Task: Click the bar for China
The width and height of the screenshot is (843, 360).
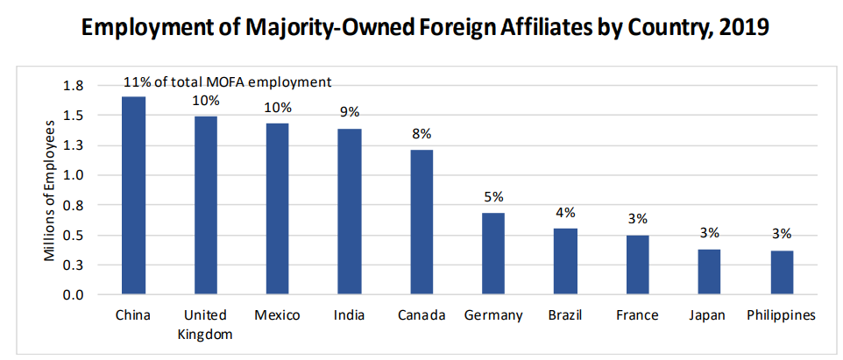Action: click(x=133, y=195)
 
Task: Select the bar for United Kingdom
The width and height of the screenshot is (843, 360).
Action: click(x=205, y=205)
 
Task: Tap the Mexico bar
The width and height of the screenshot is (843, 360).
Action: click(x=277, y=208)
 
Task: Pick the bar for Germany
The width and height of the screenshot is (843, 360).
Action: click(x=493, y=253)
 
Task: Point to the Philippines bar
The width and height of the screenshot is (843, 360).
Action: click(x=782, y=272)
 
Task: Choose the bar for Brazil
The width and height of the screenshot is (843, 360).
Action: click(x=565, y=261)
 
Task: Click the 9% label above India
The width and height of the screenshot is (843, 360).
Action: click(x=350, y=112)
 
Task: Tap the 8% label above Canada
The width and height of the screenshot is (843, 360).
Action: click(x=421, y=133)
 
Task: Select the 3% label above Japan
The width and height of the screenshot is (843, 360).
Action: click(x=709, y=233)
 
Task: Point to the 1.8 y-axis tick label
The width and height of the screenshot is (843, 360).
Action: click(x=74, y=86)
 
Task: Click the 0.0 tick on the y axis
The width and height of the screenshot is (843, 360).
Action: click(x=74, y=295)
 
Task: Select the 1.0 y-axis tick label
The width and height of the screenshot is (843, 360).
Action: click(x=74, y=175)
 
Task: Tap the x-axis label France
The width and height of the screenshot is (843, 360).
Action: click(x=637, y=315)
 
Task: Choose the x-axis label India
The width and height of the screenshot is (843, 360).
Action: click(x=350, y=315)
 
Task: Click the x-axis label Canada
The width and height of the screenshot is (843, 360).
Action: click(x=421, y=315)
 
